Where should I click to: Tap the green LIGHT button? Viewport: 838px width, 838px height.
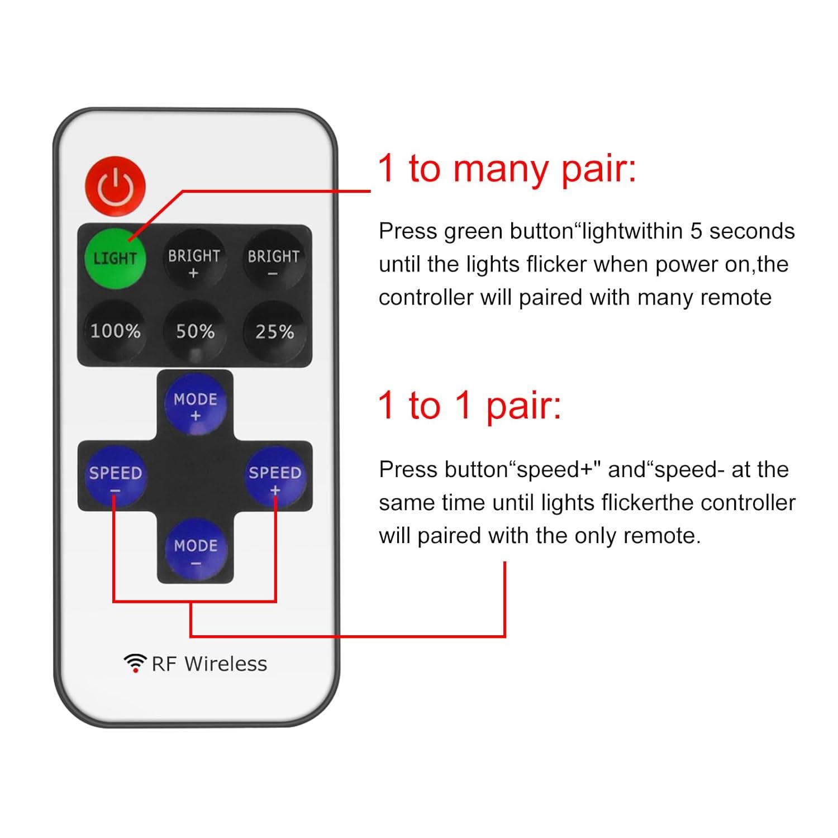point(115,258)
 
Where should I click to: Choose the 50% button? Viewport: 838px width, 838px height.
point(195,331)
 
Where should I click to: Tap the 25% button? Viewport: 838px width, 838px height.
point(274,331)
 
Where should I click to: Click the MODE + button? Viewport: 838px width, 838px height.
point(195,406)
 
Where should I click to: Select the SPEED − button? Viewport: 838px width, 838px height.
point(115,478)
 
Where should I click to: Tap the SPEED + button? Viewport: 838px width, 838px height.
point(275,478)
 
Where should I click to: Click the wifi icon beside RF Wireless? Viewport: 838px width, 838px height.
point(135,663)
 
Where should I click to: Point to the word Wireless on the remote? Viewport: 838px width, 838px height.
point(226,664)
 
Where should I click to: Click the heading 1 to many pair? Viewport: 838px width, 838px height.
point(507,168)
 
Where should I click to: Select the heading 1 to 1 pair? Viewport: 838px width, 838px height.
point(469,405)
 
